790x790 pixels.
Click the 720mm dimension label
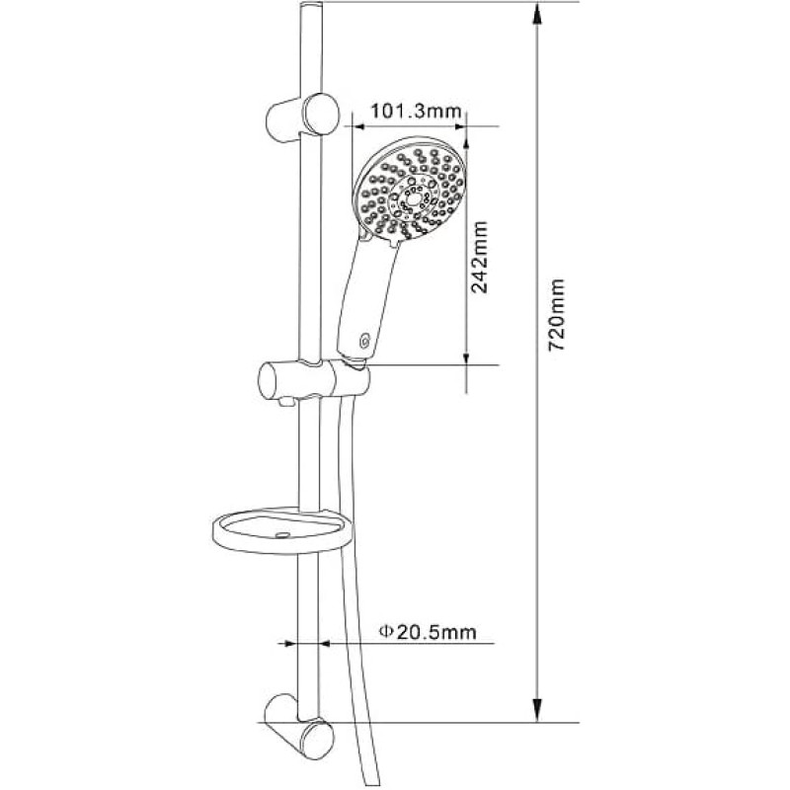click(557, 315)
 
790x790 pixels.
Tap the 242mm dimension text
click(479, 257)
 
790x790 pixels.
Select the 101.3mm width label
click(416, 111)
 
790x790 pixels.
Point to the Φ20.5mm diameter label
click(428, 631)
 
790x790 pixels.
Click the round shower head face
click(410, 193)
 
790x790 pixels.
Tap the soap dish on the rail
click(282, 531)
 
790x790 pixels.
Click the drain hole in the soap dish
click(283, 534)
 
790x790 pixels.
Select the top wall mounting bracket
click(302, 118)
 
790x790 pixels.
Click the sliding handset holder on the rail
click(313, 379)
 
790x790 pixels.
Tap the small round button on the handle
click(364, 342)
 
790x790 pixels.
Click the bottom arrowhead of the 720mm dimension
click(537, 710)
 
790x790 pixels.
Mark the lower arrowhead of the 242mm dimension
click(466, 357)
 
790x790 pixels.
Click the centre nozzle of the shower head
click(413, 199)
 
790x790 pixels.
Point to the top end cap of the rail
click(311, 6)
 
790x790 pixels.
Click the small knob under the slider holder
click(287, 401)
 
